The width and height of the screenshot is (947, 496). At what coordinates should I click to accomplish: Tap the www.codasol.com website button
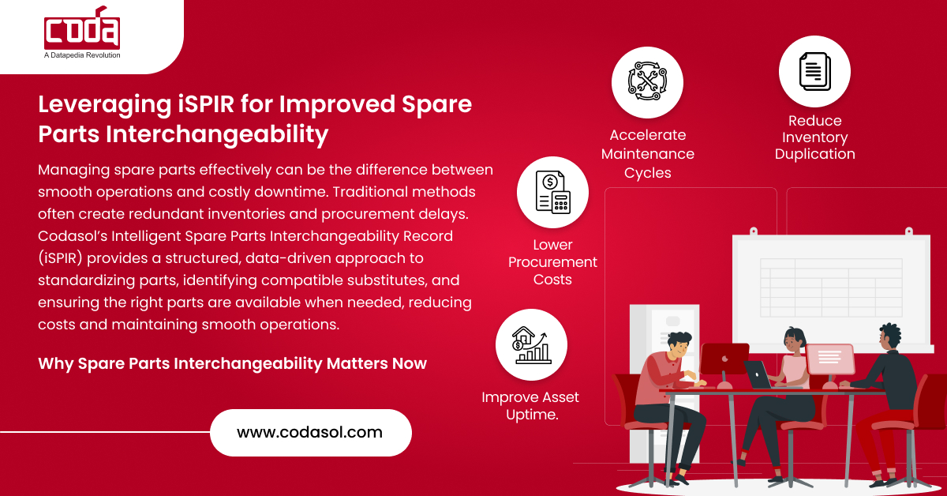(x=310, y=432)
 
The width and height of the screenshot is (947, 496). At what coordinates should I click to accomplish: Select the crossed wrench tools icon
(x=647, y=82)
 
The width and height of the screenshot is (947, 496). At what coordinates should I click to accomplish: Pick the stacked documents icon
(x=814, y=71)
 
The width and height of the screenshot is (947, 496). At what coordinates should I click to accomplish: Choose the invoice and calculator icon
(x=552, y=191)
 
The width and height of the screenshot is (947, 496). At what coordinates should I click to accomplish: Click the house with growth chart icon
(x=531, y=344)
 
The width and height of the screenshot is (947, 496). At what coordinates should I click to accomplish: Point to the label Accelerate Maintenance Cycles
(x=648, y=153)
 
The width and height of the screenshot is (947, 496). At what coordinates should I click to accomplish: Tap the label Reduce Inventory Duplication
(x=814, y=137)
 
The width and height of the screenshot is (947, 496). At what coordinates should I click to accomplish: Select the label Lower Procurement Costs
(x=552, y=262)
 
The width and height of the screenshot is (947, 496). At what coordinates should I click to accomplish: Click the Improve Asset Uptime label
(x=530, y=405)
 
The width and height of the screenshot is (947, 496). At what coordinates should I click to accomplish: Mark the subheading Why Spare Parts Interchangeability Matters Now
(x=232, y=363)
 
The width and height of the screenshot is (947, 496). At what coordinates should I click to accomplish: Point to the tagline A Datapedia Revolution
(x=82, y=55)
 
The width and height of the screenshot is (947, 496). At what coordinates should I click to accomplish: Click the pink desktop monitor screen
(x=829, y=359)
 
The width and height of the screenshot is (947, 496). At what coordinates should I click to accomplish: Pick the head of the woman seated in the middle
(x=795, y=340)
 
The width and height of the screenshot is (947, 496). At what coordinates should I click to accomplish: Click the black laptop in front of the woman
(x=758, y=374)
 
